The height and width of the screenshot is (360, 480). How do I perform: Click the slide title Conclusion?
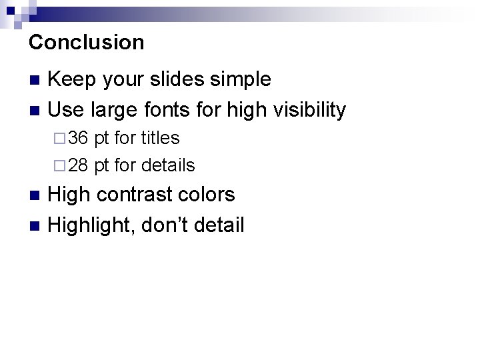click(87, 43)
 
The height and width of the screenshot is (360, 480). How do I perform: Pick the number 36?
click(78, 139)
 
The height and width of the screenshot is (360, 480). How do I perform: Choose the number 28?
click(78, 165)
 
